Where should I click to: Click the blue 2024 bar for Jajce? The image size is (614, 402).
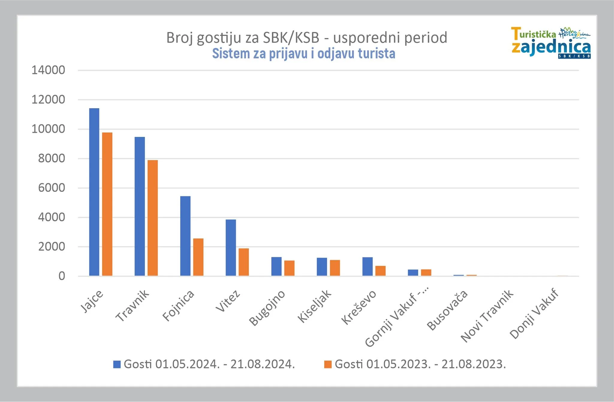tap(94, 192)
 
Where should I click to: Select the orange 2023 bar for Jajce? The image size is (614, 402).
tap(107, 204)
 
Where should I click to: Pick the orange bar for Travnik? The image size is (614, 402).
tap(153, 218)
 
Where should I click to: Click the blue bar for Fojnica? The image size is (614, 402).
tap(185, 236)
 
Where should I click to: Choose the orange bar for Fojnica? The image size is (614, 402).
tap(198, 257)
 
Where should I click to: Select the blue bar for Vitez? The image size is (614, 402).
tap(231, 248)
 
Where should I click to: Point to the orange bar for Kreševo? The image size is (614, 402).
tap(380, 271)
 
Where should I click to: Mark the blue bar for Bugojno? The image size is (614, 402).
tap(276, 266)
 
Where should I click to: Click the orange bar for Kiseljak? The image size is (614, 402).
tap(335, 268)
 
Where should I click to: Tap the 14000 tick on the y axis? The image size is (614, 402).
tap(48, 70)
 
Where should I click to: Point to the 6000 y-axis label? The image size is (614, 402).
tap(52, 188)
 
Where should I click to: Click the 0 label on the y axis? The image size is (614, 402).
tap(62, 276)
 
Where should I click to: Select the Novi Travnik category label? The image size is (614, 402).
tap(487, 316)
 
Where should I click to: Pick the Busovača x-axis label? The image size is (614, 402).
tap(447, 310)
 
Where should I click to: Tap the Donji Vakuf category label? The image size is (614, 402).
tap(534, 314)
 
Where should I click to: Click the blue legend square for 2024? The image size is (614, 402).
tap(117, 364)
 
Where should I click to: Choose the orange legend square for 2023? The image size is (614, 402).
tap(328, 364)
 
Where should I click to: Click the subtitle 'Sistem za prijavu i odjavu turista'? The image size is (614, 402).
tap(303, 54)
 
